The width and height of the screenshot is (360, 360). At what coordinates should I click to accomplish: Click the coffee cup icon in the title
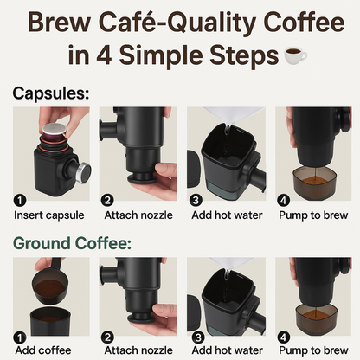295,56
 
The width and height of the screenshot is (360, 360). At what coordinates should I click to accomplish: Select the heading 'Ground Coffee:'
71,243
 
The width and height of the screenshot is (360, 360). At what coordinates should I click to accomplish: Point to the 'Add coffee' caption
43,350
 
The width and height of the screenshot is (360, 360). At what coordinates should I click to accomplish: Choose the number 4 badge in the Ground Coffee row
284,335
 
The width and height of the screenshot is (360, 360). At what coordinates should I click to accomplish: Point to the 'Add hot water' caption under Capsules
227,215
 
